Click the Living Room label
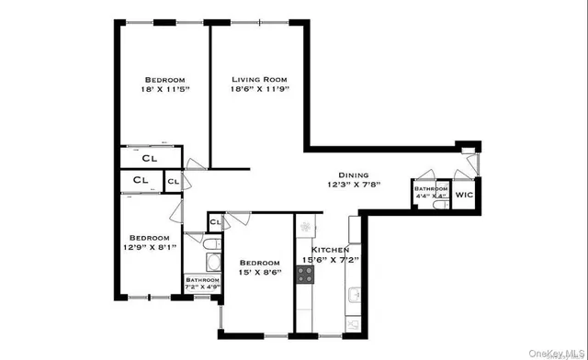260,80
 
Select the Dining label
354,174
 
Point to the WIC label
465,195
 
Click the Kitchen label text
330,250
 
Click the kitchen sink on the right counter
354,296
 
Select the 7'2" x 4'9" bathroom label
202,280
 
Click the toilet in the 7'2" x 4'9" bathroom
209,245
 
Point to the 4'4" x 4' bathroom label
430,191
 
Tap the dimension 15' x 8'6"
258,271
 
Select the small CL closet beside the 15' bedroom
215,222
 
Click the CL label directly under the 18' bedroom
149,158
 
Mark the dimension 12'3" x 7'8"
354,185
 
